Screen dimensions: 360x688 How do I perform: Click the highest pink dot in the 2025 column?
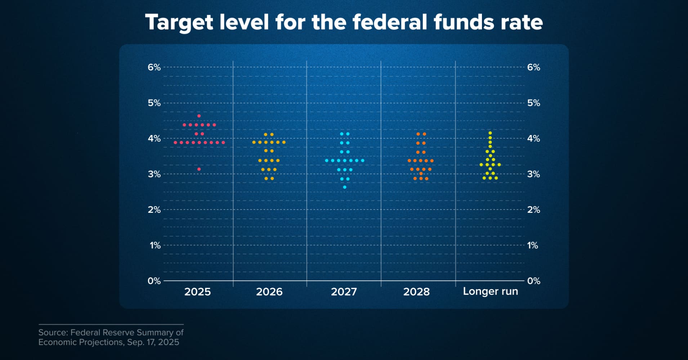199,116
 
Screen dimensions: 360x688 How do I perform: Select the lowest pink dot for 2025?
199,169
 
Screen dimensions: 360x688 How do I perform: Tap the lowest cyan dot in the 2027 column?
345,187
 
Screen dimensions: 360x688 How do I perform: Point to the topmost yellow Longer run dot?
490,133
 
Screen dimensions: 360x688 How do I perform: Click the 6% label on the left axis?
154,67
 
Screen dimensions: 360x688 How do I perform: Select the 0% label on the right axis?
533,281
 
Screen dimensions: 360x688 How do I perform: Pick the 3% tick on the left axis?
154,174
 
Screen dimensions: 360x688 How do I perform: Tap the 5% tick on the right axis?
533,103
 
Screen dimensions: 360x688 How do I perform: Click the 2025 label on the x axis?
197,292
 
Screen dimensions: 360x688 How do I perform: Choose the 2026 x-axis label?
269,292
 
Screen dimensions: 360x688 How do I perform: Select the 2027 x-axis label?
344,292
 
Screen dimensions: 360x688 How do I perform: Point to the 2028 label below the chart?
416,292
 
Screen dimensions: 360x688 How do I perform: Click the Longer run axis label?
490,291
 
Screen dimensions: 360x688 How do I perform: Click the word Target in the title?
179,22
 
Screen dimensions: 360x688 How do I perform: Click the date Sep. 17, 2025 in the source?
153,342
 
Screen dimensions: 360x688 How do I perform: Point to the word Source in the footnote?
53,332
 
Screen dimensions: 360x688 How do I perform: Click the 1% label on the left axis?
155,246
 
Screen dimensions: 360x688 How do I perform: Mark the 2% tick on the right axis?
533,210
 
